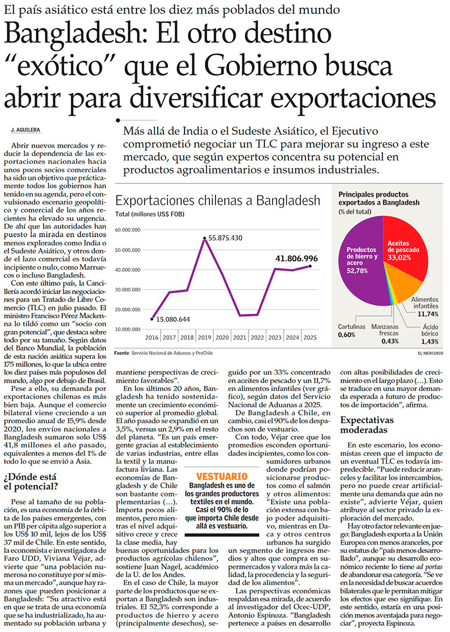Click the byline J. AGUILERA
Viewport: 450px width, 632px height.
pyautogui.click(x=25, y=130)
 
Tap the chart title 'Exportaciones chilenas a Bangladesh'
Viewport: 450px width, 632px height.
pyautogui.click(x=218, y=201)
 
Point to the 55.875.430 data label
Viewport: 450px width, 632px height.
pyautogui.click(x=226, y=238)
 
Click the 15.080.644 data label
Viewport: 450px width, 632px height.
pyautogui.click(x=173, y=319)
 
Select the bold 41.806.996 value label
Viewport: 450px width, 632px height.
pyautogui.click(x=297, y=259)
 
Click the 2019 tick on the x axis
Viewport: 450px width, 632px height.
pyautogui.click(x=204, y=338)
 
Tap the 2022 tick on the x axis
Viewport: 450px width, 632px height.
pyautogui.click(x=257, y=338)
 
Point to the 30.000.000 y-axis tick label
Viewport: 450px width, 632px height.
pyautogui.click(x=128, y=290)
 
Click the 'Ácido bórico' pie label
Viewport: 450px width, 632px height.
pyautogui.click(x=430, y=334)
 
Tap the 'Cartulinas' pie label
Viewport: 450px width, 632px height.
pyautogui.click(x=351, y=331)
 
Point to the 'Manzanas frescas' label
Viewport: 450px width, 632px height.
pyautogui.click(x=385, y=334)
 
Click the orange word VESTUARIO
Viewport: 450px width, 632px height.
pyautogui.click(x=222, y=477)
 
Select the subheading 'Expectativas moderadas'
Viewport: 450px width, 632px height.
pyautogui.click(x=367, y=425)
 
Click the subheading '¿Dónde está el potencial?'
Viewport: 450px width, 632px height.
pyautogui.click(x=31, y=482)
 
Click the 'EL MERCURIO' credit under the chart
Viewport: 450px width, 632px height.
pyautogui.click(x=430, y=353)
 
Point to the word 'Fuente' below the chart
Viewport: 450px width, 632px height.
pyautogui.click(x=121, y=353)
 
